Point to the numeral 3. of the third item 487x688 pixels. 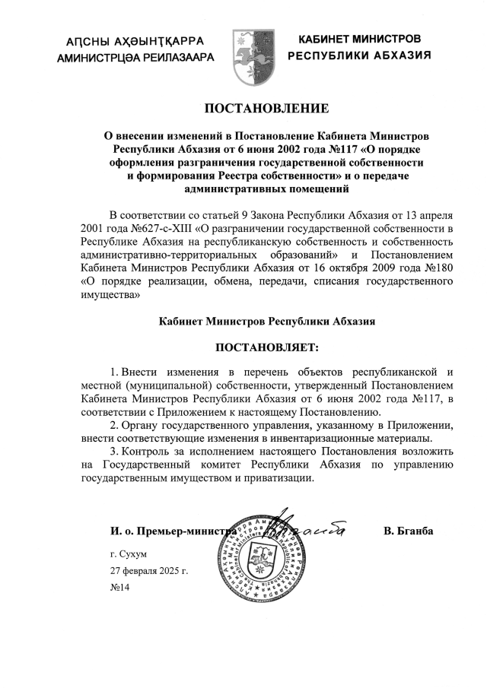coord(115,451)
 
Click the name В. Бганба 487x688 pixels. coord(409,531)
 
